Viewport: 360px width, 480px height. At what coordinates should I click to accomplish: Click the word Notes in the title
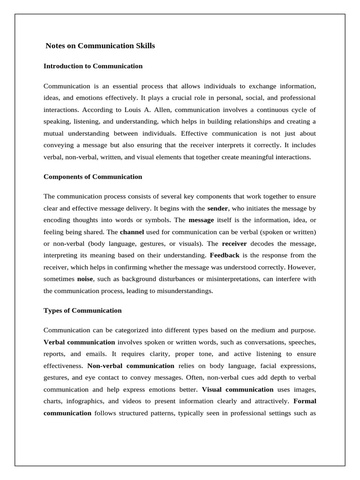coord(55,46)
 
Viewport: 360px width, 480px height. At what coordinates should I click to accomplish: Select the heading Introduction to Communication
coord(93,66)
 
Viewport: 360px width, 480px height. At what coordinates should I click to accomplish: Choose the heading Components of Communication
coord(93,177)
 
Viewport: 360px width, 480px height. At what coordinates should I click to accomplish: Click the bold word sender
coord(217,208)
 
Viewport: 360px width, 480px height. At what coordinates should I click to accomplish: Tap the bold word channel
coord(132,232)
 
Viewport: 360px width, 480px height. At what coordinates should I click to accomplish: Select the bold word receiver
coord(234,244)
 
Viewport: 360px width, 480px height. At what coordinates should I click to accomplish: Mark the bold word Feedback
coord(225,255)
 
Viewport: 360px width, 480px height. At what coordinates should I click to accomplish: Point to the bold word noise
coord(85,279)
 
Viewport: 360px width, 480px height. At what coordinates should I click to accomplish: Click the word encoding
coord(57,220)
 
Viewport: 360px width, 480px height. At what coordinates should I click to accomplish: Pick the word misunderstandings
coord(184,291)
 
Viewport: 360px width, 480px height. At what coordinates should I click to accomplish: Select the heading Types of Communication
coord(82,310)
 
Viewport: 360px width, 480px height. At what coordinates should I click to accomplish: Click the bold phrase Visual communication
coord(238,389)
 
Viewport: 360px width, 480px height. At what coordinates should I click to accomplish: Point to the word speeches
coord(300,342)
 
